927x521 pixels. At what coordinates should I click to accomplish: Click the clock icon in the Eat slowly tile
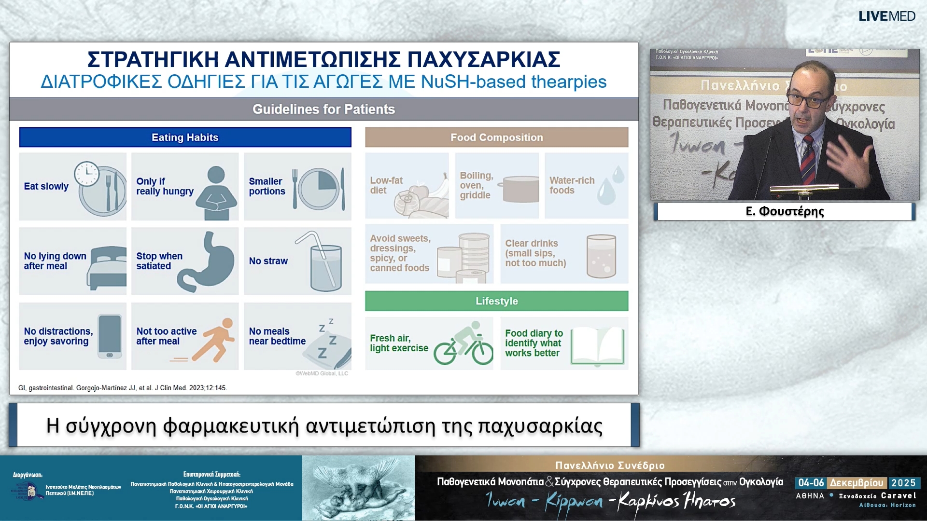point(86,174)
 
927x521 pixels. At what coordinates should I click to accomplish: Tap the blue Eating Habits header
point(185,137)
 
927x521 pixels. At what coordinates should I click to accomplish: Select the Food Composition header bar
point(496,137)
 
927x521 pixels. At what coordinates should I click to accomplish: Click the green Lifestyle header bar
point(496,301)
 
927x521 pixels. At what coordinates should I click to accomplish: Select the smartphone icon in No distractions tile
point(110,336)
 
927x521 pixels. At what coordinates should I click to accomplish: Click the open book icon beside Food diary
point(597,346)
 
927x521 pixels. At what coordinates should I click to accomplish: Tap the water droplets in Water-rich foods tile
point(611,186)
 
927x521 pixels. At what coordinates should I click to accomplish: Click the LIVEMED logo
point(886,16)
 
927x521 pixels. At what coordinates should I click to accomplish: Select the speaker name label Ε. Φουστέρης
point(785,211)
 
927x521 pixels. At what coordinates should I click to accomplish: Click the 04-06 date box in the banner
point(811,483)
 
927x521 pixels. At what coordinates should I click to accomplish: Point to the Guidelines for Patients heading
point(323,110)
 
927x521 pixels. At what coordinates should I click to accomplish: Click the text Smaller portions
point(267,186)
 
